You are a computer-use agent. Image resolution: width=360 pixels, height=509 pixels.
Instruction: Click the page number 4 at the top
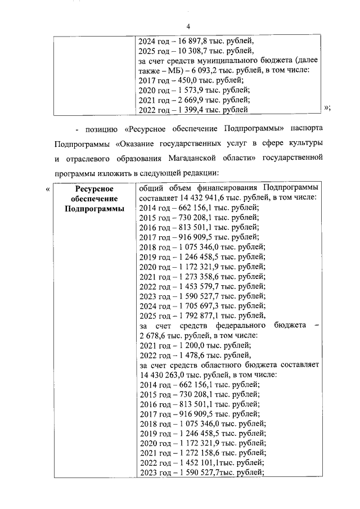click(189, 26)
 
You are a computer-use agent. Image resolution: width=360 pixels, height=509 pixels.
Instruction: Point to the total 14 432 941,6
click(202, 197)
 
